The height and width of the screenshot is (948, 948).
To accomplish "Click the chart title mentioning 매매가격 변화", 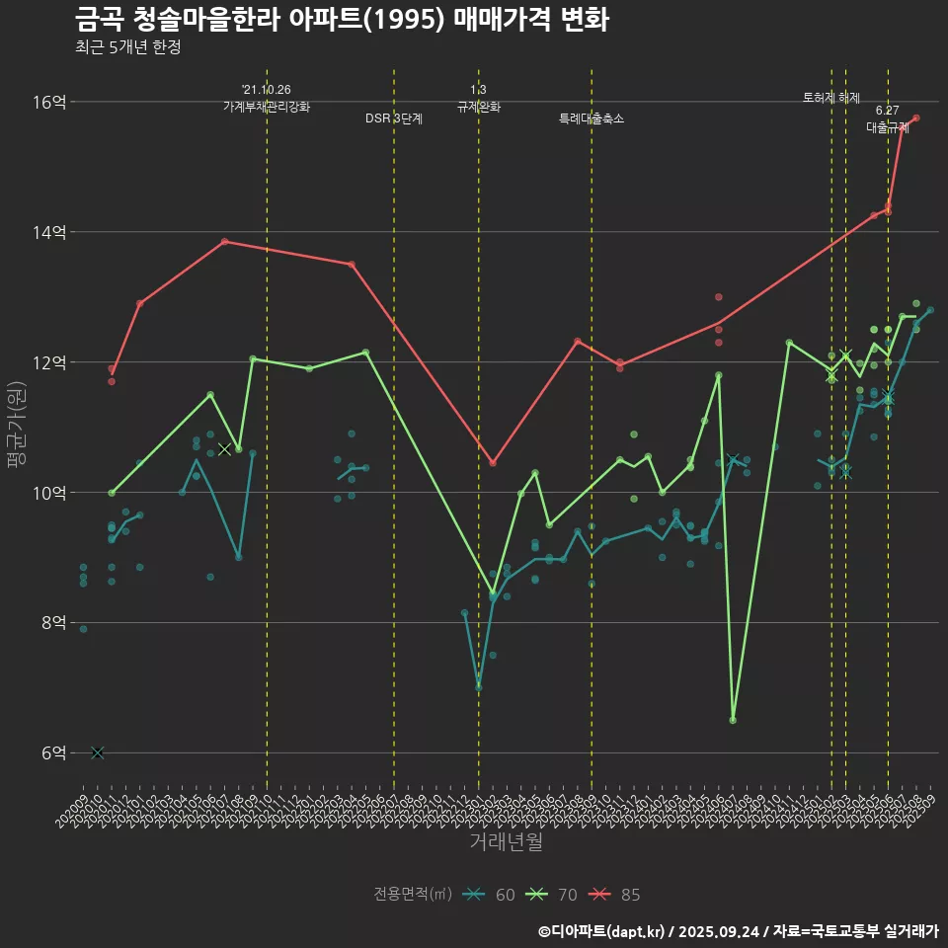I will [x=341, y=20].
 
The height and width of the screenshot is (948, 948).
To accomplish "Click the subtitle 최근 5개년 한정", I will [x=127, y=47].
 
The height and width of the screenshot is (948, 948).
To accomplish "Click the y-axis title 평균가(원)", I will [x=17, y=425].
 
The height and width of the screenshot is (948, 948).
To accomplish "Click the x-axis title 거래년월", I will [x=506, y=842].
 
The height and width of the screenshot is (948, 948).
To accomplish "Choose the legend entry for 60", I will [x=491, y=895].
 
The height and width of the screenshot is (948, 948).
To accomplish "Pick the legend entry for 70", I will [x=553, y=895].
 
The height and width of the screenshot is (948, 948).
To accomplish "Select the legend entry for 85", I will [x=616, y=895].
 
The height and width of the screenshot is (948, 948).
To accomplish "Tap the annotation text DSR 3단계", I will [x=394, y=118].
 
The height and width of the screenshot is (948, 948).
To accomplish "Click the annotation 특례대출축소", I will [x=592, y=118].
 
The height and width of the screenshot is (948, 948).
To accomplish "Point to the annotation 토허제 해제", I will [x=831, y=98].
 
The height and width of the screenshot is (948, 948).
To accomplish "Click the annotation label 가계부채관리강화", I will [x=267, y=107].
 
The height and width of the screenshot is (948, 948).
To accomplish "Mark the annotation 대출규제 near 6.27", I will [x=888, y=127].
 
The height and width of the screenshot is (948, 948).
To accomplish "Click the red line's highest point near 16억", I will [x=916, y=118].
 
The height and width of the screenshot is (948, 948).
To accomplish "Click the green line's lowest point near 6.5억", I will [x=733, y=720].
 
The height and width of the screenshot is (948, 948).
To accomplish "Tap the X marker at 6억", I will [x=97, y=752].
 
